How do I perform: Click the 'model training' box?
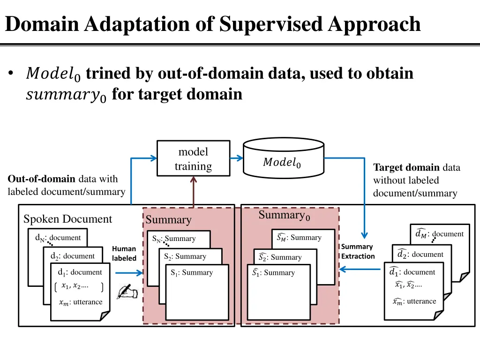[193, 159]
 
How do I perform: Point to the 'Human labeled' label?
[124, 254]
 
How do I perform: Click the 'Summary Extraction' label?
[358, 252]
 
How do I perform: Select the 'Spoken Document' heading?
[67, 219]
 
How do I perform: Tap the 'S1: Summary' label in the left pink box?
[192, 272]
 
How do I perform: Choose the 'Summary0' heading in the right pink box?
[284, 216]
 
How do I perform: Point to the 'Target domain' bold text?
[406, 168]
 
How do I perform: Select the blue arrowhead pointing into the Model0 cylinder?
[239, 158]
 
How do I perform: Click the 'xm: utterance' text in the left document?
[80, 302]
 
